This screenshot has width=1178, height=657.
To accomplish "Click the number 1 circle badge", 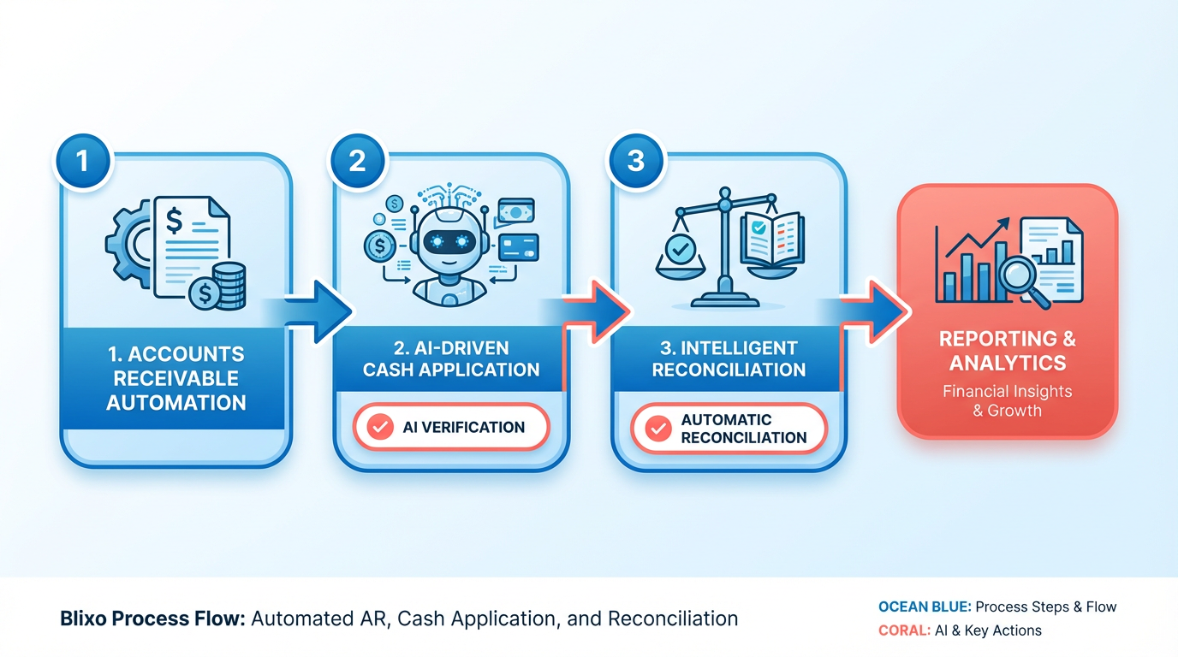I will click(82, 160).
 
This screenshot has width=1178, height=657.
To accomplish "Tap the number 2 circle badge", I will click(357, 160).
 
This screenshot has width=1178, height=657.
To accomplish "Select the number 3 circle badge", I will click(635, 160).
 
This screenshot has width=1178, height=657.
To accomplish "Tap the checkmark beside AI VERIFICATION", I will click(378, 427).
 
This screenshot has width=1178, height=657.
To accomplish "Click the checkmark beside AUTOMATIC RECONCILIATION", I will click(657, 429).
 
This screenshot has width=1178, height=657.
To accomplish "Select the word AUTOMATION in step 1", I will click(176, 402).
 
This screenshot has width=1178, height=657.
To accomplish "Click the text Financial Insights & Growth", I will click(1007, 400).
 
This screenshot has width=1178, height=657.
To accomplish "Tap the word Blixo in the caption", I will click(84, 619).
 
